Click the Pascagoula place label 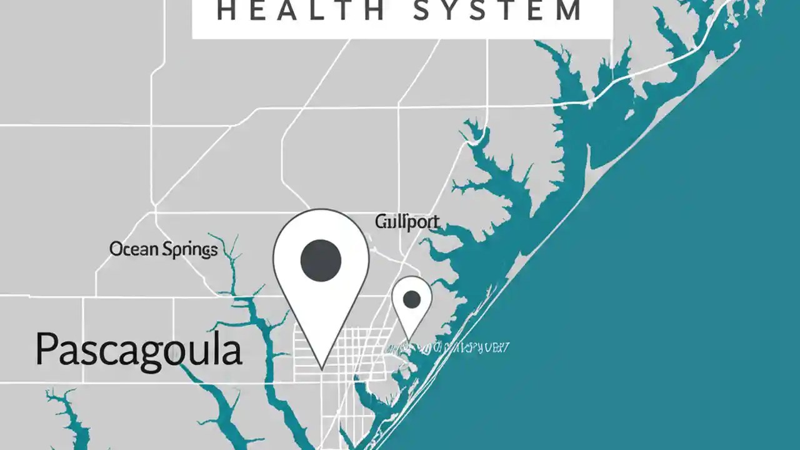point(138,349)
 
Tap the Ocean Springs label point(163,250)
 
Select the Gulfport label point(407,222)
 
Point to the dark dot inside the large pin point(321,259)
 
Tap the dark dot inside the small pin point(412,299)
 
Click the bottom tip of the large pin point(322,367)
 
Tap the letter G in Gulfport point(381,221)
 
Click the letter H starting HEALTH point(227,12)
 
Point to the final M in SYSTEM point(569,12)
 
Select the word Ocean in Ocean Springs point(134,249)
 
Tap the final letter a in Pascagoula point(231,351)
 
